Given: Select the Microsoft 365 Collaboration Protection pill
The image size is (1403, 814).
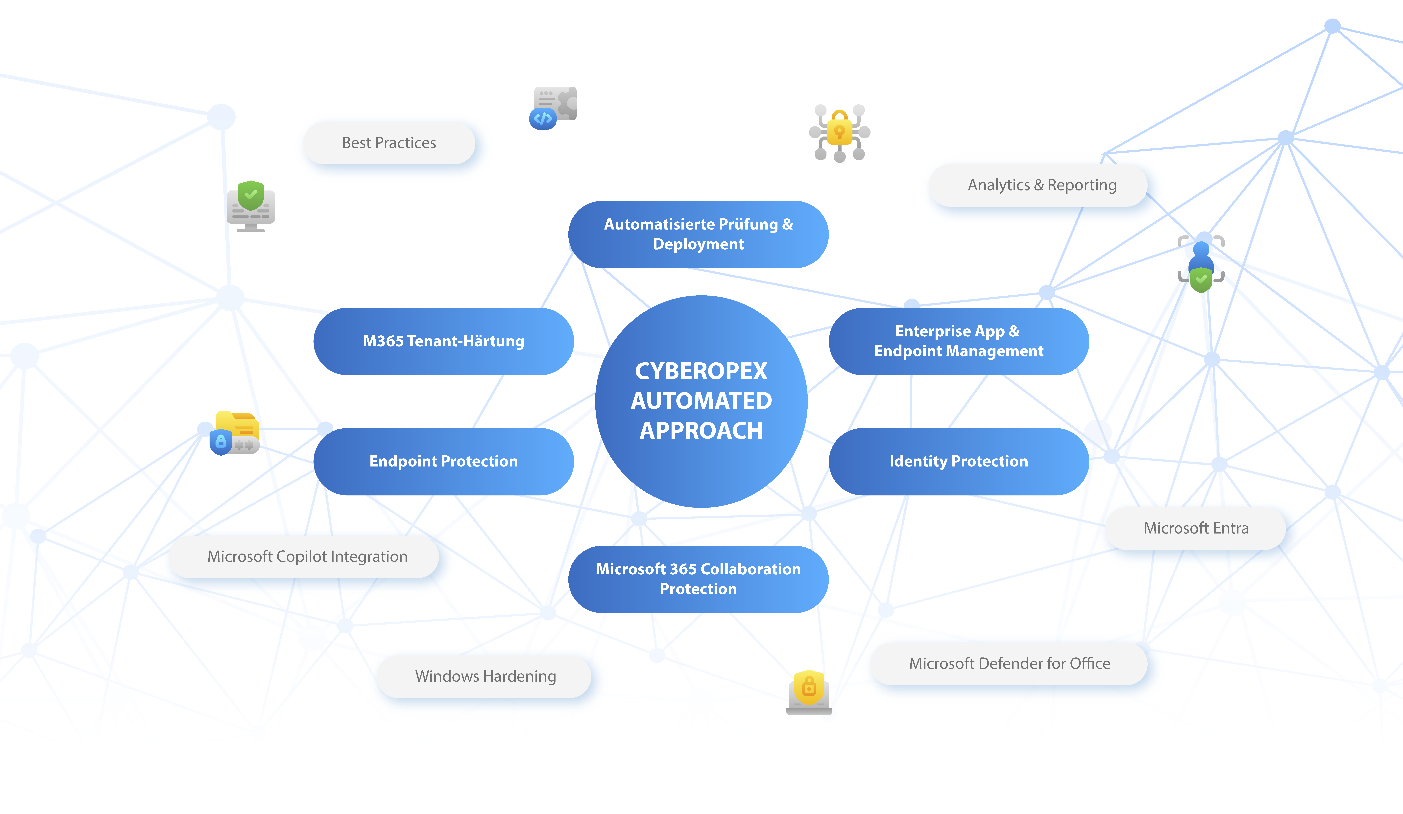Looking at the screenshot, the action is [698, 579].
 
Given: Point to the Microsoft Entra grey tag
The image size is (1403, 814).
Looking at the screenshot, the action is [1196, 528].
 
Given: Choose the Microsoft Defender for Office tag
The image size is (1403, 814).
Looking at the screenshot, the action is [1009, 663].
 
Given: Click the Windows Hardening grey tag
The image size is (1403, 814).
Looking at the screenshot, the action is [485, 676].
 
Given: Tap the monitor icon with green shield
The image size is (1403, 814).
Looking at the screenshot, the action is [251, 206].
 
